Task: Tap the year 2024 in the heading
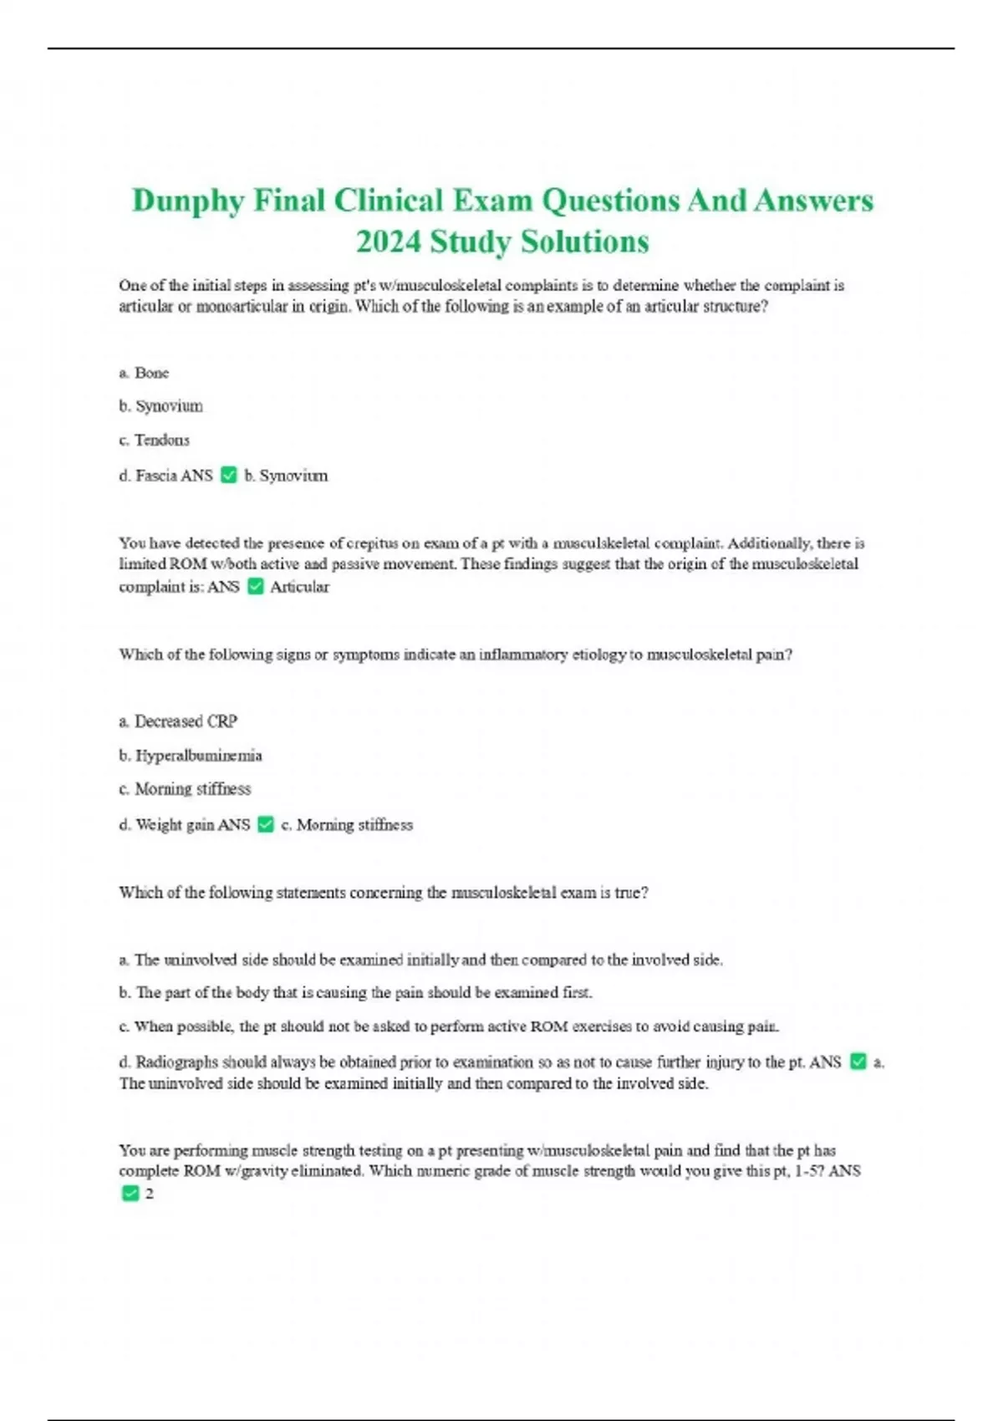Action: [388, 242]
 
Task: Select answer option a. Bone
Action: [144, 373]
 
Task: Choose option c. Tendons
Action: [155, 440]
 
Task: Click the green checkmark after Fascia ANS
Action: [229, 476]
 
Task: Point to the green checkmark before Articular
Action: [256, 587]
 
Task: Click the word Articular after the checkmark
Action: [299, 587]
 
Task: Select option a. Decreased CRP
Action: [178, 721]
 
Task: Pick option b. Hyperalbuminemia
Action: [191, 756]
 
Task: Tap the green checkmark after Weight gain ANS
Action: [266, 825]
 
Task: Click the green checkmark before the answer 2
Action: [130, 1194]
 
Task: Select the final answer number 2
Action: [150, 1194]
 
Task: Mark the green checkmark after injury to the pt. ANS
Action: [858, 1062]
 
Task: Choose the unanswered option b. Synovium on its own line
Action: [161, 406]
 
